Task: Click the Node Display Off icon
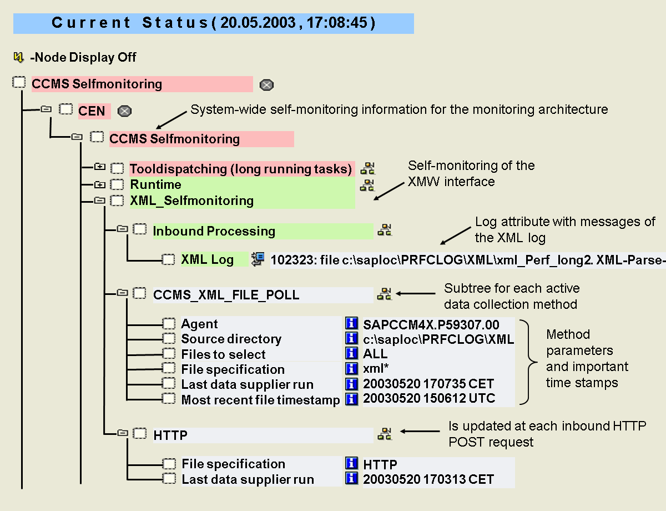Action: [x=18, y=57]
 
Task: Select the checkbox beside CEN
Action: [x=66, y=109]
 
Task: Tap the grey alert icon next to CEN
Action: [x=124, y=111]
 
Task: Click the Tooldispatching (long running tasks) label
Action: [x=241, y=169]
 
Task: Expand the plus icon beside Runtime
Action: [x=99, y=184]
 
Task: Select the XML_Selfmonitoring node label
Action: [x=192, y=201]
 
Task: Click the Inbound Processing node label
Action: [x=214, y=231]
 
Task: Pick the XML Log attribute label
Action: [x=207, y=260]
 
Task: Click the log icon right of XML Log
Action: [x=258, y=259]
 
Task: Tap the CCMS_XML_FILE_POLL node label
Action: [x=226, y=295]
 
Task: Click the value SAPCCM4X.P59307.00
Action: [x=431, y=324]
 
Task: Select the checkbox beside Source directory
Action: [x=169, y=339]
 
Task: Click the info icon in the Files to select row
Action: [x=351, y=353]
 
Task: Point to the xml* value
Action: [x=376, y=368]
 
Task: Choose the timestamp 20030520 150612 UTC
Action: [x=429, y=398]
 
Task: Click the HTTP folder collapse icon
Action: [x=123, y=433]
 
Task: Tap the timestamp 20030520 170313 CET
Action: [x=428, y=479]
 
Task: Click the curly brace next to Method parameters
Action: [x=529, y=362]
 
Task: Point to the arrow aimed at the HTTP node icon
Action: [x=420, y=431]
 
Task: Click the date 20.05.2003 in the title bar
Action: [x=258, y=23]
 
